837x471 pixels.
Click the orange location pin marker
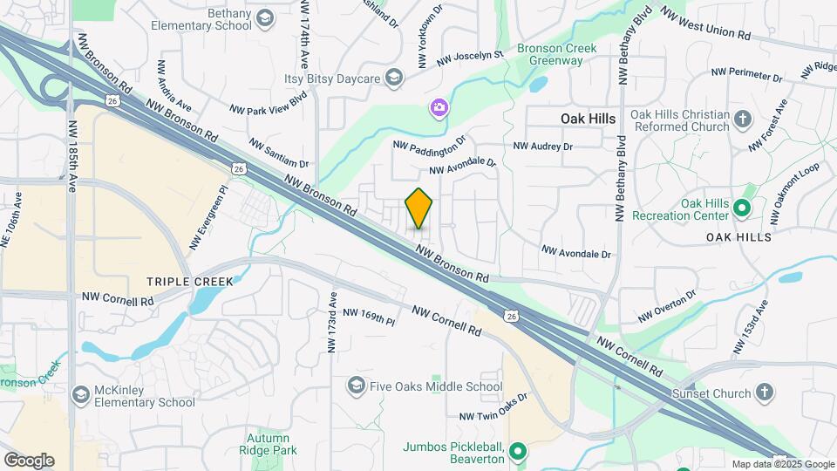[x=419, y=208]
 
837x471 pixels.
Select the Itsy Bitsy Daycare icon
[x=394, y=79]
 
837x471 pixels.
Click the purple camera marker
[x=439, y=108]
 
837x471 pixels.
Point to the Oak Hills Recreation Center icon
[x=742, y=208]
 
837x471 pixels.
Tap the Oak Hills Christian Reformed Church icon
[x=743, y=119]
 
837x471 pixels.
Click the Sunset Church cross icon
[x=765, y=392]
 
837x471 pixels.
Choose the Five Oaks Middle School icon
[x=356, y=385]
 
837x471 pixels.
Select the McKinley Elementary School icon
[x=80, y=395]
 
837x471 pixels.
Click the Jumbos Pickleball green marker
[x=518, y=451]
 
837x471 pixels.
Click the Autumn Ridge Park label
[x=268, y=445]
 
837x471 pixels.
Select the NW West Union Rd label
[x=705, y=24]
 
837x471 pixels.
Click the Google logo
[x=29, y=460]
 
